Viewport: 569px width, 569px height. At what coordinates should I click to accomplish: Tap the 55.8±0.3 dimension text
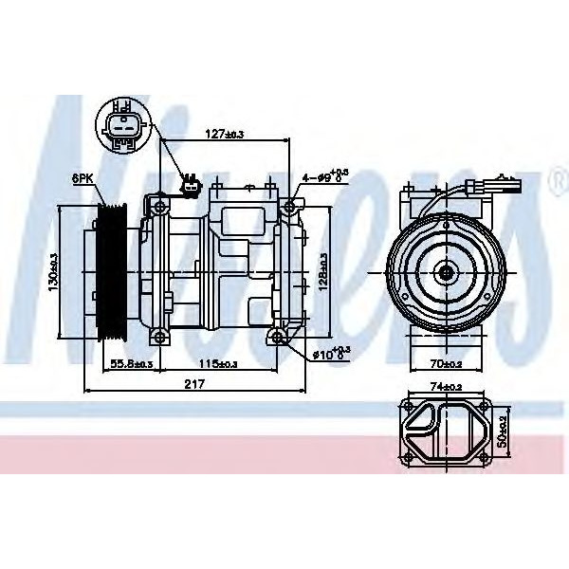(133, 363)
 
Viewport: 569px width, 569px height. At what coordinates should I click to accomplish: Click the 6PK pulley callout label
(82, 177)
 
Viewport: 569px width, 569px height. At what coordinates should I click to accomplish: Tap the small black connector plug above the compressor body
(191, 185)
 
